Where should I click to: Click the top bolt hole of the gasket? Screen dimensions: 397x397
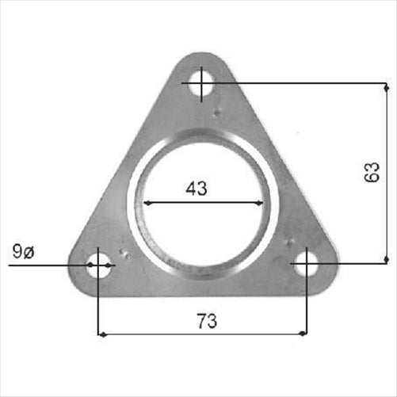click(201, 82)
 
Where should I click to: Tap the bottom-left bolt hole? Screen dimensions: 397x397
click(97, 265)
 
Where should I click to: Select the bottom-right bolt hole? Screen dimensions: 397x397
click(306, 264)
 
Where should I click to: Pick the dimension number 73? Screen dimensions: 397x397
click(206, 321)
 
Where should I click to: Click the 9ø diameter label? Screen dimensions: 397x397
click(23, 253)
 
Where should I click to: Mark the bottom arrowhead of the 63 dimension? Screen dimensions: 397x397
click(385, 258)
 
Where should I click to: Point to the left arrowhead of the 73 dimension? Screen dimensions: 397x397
click(102, 334)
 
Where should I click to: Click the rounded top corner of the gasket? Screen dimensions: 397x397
click(201, 57)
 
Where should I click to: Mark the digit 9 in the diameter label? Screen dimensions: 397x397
click(17, 253)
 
